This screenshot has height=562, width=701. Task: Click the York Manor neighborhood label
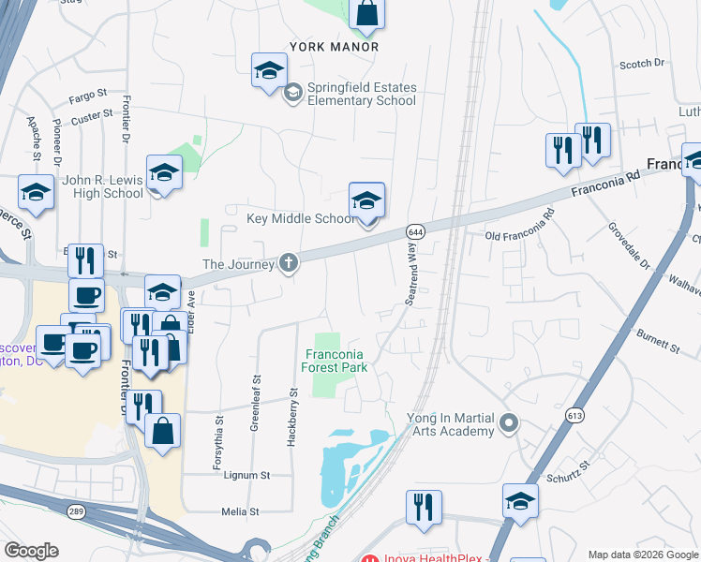334,46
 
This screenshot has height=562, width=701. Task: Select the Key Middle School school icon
366,200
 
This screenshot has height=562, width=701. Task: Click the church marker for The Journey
290,264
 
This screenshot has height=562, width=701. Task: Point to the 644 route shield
415,230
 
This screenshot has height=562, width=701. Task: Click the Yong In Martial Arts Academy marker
508,424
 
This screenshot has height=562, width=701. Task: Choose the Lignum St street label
246,475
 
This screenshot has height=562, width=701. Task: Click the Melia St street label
240,511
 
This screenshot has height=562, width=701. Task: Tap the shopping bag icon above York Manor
367,13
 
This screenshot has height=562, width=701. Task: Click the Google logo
32,550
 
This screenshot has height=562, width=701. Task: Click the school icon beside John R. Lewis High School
164,173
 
